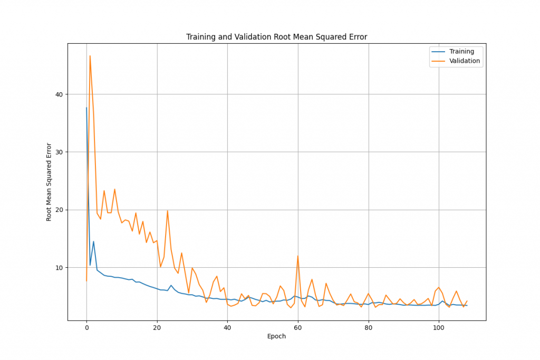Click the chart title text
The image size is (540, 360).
[276, 37]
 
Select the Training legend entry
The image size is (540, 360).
[461, 52]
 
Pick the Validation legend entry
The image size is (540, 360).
[464, 61]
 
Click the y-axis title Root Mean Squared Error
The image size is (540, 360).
[49, 182]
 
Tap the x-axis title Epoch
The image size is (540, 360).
[276, 336]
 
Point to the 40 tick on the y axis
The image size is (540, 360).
[58, 94]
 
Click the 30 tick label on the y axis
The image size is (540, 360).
[58, 152]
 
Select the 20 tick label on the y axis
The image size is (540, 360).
[58, 210]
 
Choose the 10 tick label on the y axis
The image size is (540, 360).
[58, 268]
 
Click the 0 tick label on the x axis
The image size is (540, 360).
[86, 328]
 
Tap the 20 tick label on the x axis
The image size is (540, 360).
[157, 328]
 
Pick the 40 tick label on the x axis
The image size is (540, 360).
[227, 328]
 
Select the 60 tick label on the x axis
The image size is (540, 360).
[298, 328]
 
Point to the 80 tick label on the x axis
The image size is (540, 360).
[369, 328]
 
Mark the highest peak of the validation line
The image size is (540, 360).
[90, 56]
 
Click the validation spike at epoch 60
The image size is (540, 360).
[298, 256]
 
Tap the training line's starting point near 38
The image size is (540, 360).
[86, 108]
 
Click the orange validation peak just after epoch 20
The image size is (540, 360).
[168, 211]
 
